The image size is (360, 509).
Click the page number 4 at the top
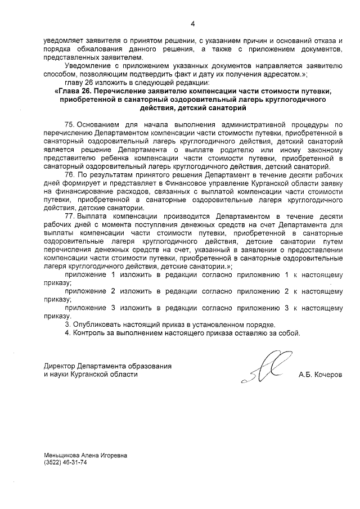click(192, 24)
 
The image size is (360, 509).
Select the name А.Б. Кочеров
click(320, 374)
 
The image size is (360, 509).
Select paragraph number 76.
click(70, 175)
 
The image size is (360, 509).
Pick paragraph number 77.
click(70, 216)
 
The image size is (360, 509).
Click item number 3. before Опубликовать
click(69, 325)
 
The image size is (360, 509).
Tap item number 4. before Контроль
click(69, 332)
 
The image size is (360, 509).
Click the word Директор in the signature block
click(59, 366)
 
